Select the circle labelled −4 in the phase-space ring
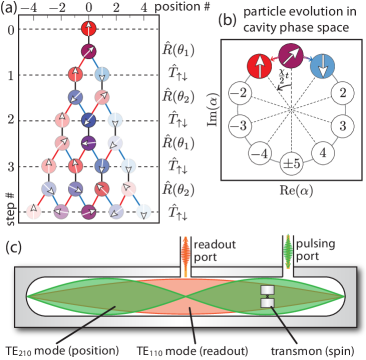pyautogui.click(x=255, y=154)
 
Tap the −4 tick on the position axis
pyautogui.click(x=35, y=8)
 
